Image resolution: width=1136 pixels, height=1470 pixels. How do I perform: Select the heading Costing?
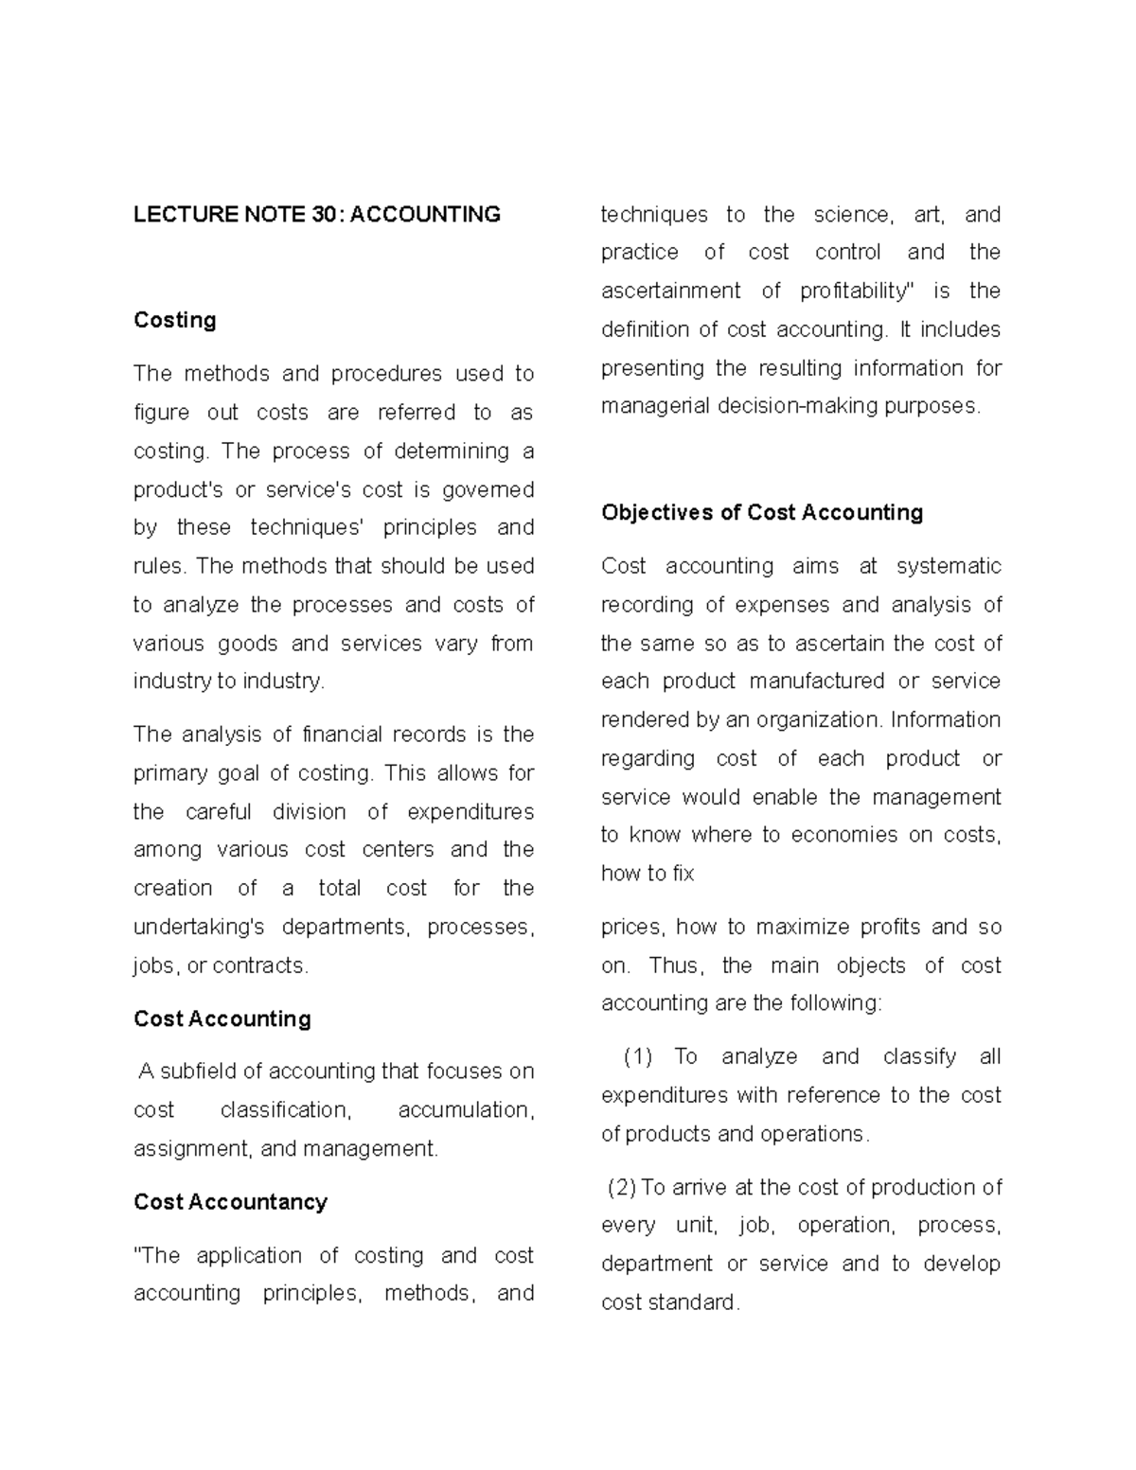pos(175,320)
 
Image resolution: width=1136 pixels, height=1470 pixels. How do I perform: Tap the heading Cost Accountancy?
pos(230,1201)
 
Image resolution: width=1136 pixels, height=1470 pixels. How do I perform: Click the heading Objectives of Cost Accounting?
pos(762,512)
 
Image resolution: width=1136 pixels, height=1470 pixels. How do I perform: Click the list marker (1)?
pos(638,1056)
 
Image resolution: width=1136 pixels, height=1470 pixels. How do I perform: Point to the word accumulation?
pos(466,1109)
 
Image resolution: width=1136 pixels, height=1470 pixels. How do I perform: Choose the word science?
pos(852,215)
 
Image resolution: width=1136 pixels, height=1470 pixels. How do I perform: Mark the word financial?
pos(343,735)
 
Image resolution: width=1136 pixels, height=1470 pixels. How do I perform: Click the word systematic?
pos(949,566)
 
